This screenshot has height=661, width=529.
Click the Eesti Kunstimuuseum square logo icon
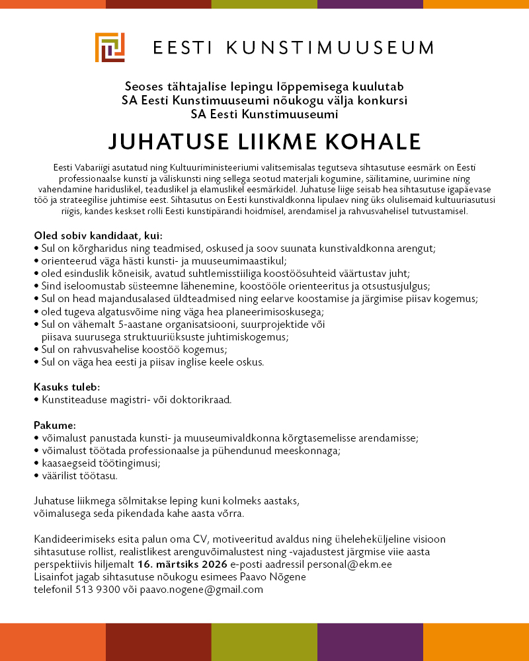(110, 48)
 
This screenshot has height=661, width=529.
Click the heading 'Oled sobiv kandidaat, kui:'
(98, 235)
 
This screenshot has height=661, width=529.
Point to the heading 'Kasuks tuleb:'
(67, 387)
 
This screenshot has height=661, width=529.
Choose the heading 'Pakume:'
(55, 424)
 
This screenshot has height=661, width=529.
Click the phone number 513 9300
(93, 590)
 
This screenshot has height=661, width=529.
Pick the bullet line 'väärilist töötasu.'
(79, 475)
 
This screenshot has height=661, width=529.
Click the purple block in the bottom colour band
(370, 642)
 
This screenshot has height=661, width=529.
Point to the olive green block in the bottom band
(264, 642)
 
